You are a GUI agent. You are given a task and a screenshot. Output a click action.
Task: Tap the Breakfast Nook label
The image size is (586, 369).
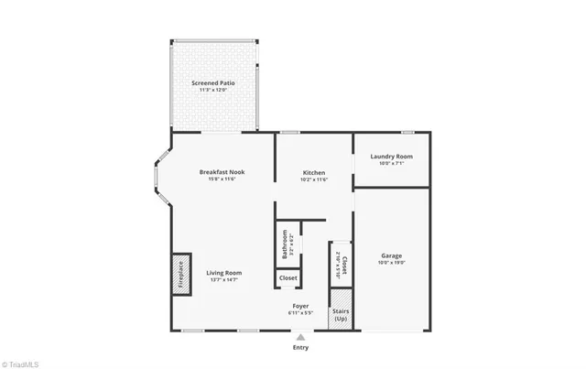point(222,172)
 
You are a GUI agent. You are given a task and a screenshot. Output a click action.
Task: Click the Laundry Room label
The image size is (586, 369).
point(391,157)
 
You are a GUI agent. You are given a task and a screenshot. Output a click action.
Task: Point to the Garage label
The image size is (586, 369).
point(391,255)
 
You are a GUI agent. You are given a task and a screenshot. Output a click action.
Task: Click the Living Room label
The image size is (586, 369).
point(223,272)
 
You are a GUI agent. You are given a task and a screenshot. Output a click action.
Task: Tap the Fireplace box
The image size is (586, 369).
point(180,274)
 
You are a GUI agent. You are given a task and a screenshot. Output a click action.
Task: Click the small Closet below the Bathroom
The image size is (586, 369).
point(288,277)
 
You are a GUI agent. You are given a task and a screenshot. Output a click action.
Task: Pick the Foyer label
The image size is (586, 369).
point(300,306)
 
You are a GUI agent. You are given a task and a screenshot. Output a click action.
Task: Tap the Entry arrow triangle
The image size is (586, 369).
point(300,337)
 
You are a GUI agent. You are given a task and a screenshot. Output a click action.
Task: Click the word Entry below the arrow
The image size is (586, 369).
point(300,347)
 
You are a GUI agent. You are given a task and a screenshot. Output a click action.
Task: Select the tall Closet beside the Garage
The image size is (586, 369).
point(340,264)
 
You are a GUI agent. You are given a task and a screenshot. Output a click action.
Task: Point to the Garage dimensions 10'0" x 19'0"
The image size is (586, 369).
point(391,263)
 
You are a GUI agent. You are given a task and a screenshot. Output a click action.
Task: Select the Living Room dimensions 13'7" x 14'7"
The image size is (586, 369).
point(223,279)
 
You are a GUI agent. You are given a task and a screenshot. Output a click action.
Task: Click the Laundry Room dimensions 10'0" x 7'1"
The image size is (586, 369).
point(391,164)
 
